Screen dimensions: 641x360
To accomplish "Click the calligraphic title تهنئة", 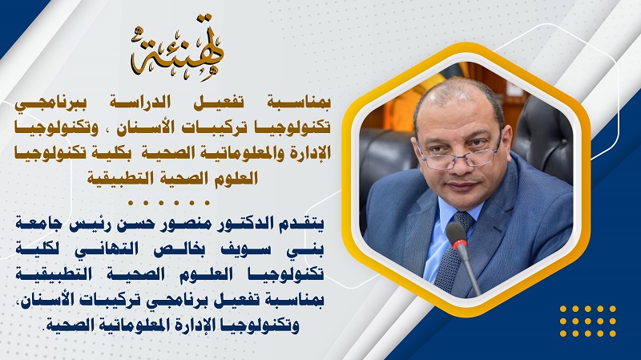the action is [x=177, y=48].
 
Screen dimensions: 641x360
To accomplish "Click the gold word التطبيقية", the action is [x=119, y=178].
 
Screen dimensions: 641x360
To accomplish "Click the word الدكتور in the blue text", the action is [x=242, y=225].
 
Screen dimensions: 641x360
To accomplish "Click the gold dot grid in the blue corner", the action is [x=588, y=322].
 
